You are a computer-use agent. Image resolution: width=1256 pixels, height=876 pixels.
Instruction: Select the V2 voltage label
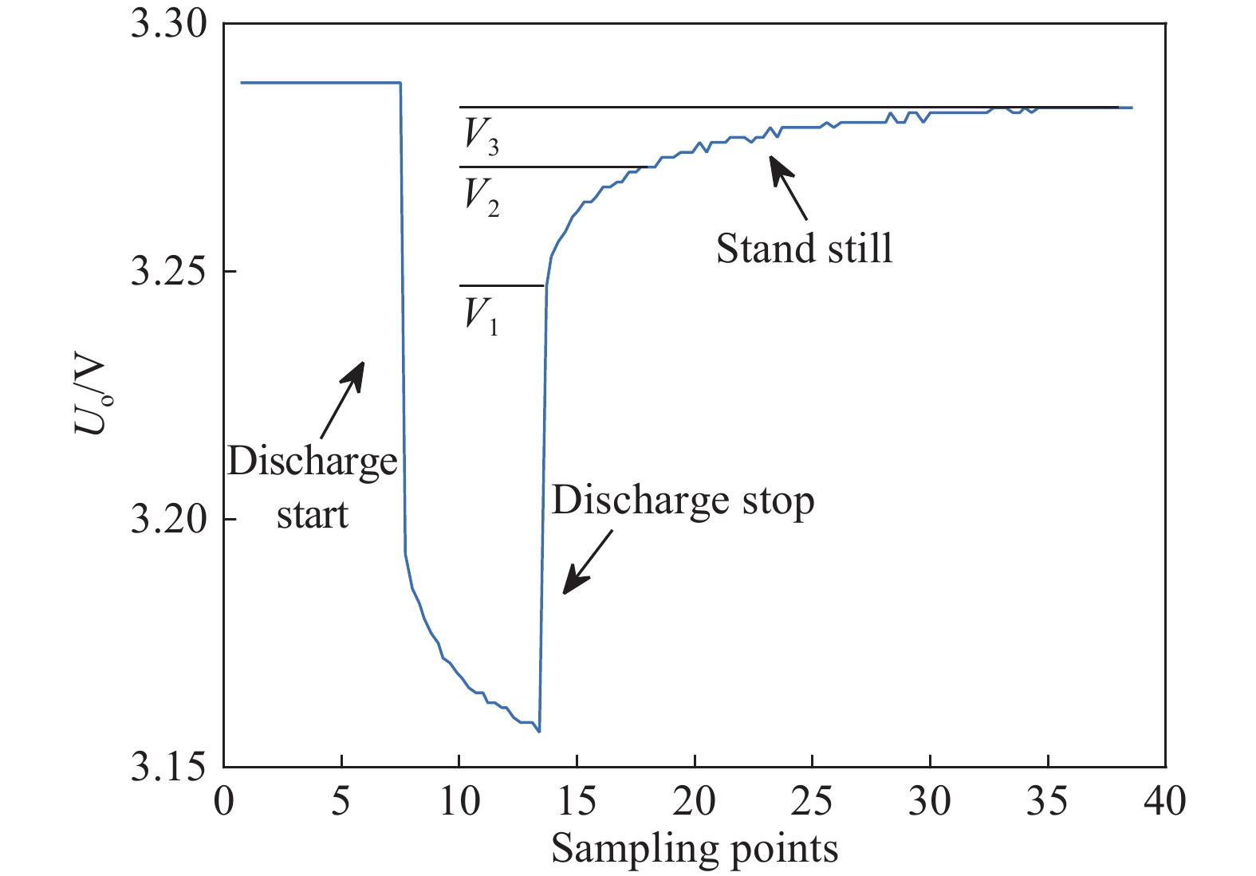coord(482,196)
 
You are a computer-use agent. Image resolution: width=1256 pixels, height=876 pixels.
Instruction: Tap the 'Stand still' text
coord(804,249)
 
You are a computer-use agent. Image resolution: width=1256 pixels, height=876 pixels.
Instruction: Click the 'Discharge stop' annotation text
coord(683,501)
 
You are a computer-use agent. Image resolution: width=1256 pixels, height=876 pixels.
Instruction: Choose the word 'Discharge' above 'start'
coord(312,462)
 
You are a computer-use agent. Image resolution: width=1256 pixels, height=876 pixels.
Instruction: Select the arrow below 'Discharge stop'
coord(588,563)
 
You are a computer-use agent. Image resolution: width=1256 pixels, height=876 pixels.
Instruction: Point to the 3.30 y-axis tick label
coord(169,25)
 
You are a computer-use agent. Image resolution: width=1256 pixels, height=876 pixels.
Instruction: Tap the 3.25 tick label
coord(169,272)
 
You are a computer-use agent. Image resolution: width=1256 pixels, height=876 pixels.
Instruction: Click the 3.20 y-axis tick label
coord(169,519)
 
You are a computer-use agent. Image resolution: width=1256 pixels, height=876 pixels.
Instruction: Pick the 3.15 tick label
coord(169,766)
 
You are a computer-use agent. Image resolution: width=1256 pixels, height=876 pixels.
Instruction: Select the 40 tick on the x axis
coord(1165,801)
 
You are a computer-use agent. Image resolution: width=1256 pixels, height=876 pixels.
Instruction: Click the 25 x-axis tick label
coord(812,801)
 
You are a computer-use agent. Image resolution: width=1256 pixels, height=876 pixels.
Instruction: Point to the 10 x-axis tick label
coord(459,801)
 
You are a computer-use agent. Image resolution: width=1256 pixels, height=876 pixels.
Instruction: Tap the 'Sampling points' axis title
coord(695,849)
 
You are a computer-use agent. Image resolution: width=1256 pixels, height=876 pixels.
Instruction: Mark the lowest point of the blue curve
coord(539,731)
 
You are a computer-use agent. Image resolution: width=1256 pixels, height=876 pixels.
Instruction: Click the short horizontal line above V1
coord(501,285)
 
